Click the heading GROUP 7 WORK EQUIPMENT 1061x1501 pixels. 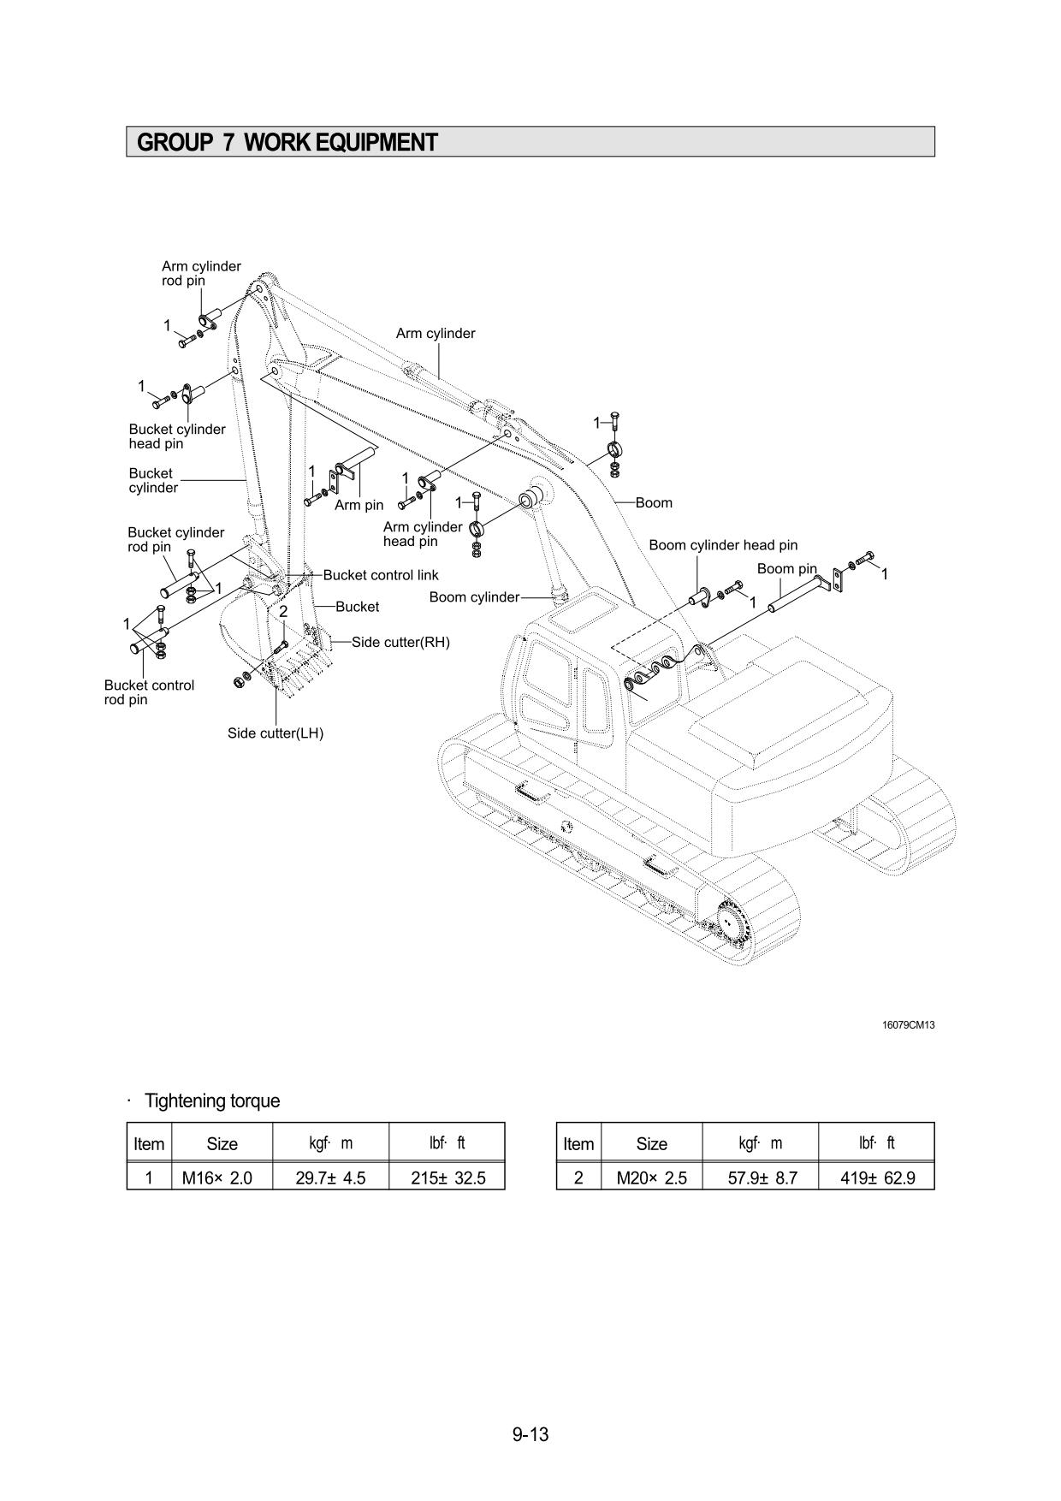click(287, 142)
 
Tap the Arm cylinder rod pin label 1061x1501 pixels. click(201, 273)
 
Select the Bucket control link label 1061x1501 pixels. click(380, 575)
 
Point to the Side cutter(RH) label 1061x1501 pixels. click(400, 642)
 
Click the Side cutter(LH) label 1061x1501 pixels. click(276, 733)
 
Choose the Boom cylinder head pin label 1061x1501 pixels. click(723, 545)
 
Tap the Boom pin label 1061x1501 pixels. click(786, 569)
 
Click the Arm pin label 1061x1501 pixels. click(359, 505)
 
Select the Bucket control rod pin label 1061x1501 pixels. click(149, 692)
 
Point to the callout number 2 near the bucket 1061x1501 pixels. click(283, 612)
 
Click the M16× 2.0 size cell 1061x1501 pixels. click(217, 1178)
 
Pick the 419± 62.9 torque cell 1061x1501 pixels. click(877, 1178)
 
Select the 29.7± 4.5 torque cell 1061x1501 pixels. click(330, 1178)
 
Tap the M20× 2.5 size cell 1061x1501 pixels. click(651, 1178)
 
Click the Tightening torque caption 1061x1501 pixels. click(212, 1101)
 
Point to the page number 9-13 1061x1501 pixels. click(530, 1434)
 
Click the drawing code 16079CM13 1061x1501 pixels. click(908, 1025)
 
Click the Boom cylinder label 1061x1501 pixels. click(474, 597)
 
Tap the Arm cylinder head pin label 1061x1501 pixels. click(422, 534)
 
